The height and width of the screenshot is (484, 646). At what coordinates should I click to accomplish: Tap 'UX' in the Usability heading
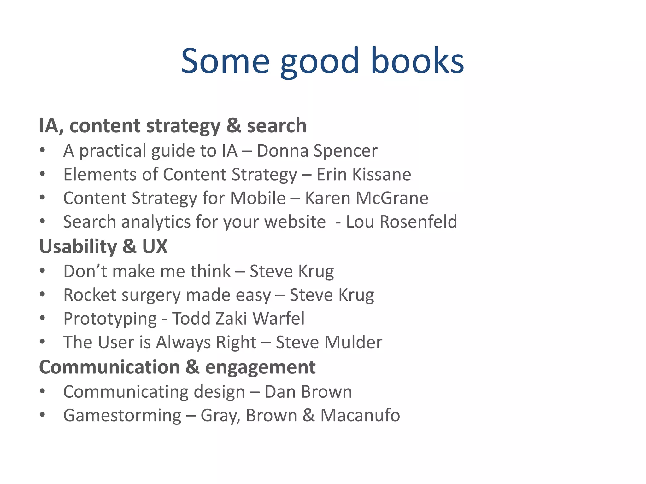(155, 246)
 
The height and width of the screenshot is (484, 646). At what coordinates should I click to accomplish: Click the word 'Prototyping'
(110, 319)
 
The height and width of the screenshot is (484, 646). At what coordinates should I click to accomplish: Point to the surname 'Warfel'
(279, 319)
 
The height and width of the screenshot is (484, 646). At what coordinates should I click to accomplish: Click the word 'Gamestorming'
(122, 416)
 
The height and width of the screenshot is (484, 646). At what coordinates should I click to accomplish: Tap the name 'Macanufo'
(360, 416)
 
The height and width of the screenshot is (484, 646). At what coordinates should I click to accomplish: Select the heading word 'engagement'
(260, 367)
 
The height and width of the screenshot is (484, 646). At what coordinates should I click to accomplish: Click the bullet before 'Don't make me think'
(43, 271)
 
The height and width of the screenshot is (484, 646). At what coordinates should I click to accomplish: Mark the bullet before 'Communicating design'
(43, 392)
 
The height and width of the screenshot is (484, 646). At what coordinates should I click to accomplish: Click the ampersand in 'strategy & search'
(233, 126)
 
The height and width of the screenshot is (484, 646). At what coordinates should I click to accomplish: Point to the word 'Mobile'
(258, 199)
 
